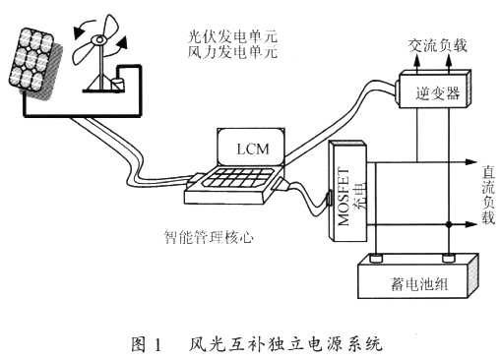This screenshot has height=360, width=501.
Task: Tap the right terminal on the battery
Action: (449, 260)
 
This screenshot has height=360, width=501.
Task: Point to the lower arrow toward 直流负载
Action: (470, 224)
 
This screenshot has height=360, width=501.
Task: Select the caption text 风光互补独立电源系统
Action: (284, 345)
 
